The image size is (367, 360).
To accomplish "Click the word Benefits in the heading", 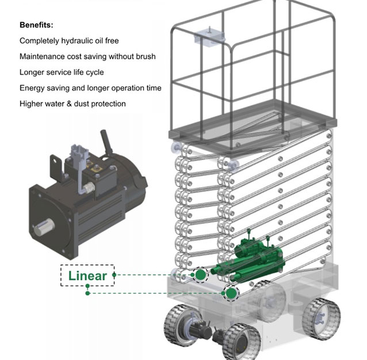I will click(x=36, y=25).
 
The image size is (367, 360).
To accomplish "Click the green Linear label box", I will click(x=87, y=275).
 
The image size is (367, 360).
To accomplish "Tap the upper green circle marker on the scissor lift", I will click(x=200, y=275).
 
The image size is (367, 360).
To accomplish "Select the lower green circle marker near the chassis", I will click(x=231, y=293).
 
